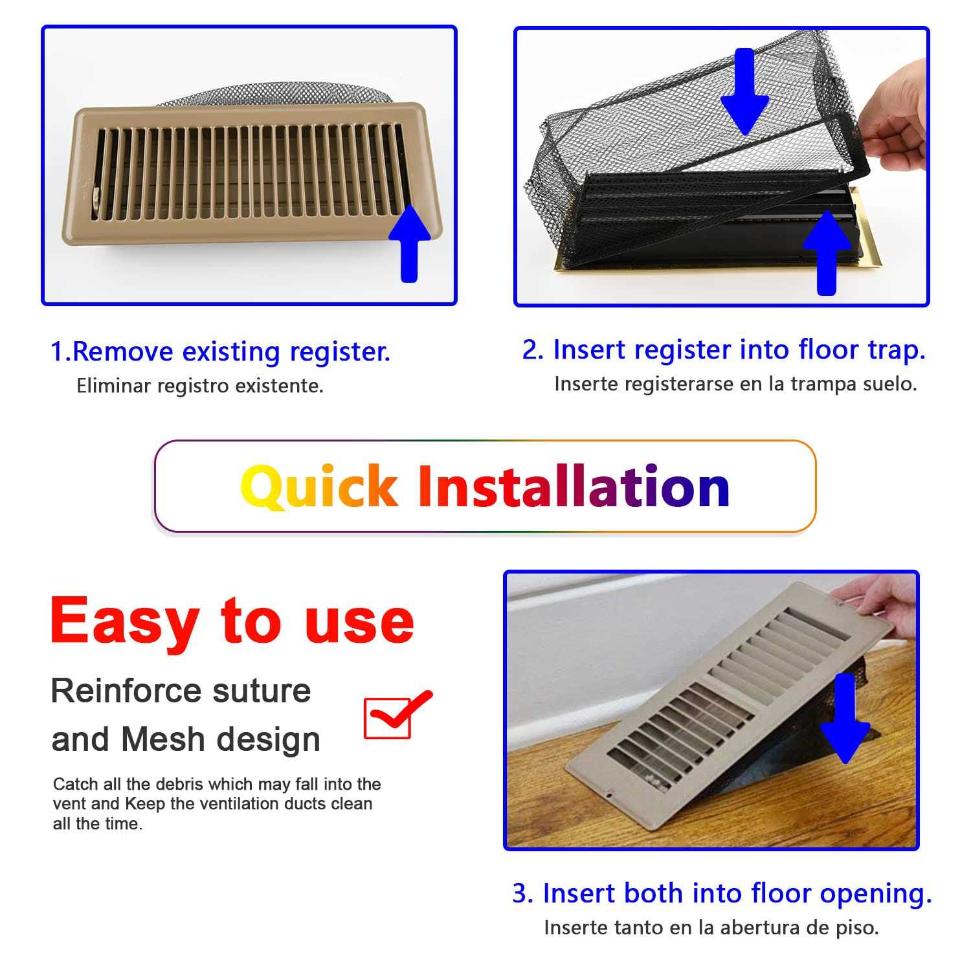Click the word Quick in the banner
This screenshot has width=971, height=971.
(318, 487)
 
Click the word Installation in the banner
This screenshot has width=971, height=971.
(574, 487)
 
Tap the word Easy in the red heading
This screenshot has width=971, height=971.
(123, 620)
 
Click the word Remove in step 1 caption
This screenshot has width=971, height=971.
(123, 352)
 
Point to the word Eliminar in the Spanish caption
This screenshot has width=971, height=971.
(114, 386)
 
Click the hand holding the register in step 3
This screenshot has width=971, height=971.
(880, 599)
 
